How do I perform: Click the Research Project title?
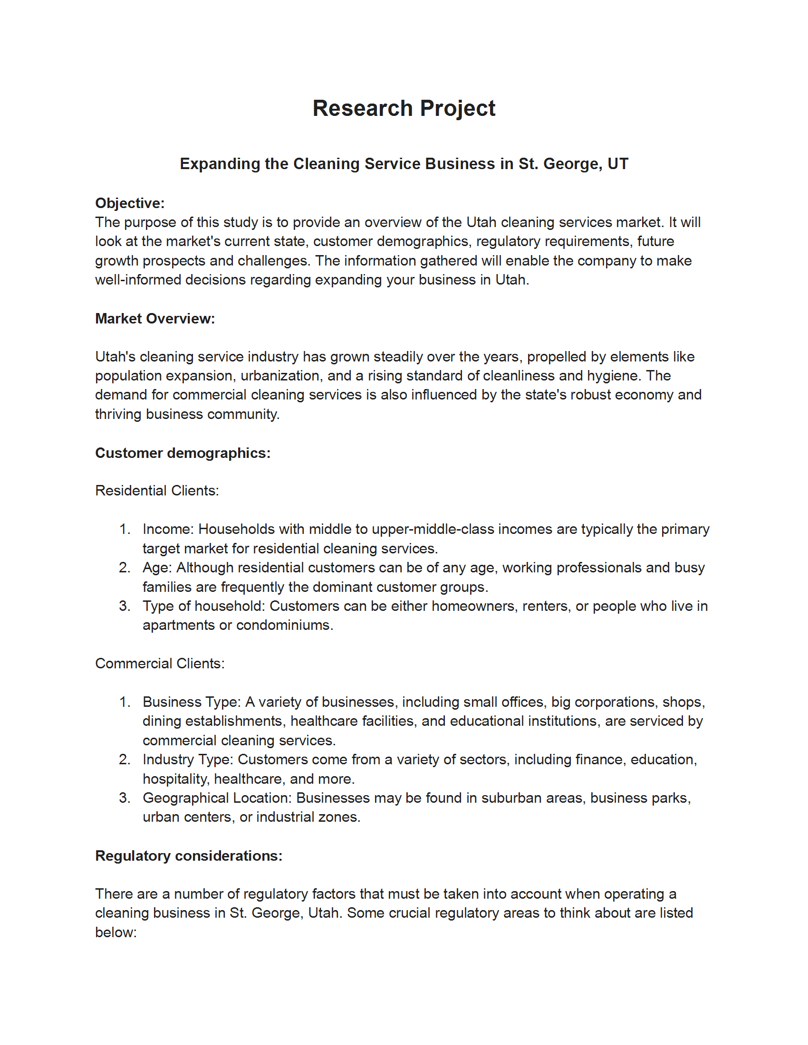tap(404, 108)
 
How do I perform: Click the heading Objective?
tap(130, 203)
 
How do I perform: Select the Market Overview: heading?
tap(155, 318)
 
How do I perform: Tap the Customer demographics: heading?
tap(183, 453)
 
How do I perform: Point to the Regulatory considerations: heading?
tap(189, 855)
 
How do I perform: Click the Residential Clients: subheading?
tap(157, 491)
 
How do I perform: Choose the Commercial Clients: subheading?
tap(160, 663)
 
